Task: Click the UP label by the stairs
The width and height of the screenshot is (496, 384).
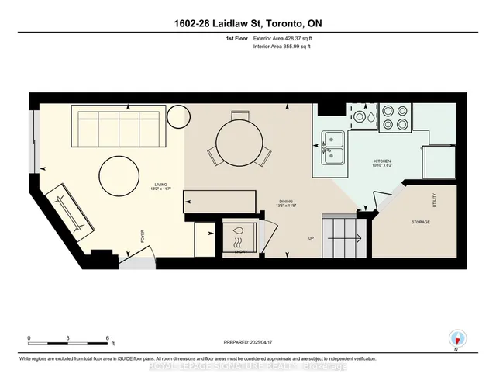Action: [311, 238]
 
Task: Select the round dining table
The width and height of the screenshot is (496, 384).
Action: [240, 143]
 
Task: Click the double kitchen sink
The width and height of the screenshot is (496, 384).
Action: [334, 147]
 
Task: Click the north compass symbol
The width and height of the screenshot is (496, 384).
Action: [458, 338]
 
